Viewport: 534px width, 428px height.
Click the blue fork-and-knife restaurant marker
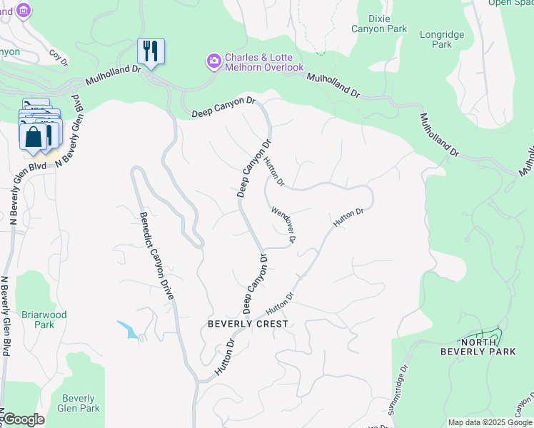click(x=151, y=51)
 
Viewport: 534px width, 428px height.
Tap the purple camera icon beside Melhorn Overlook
click(x=213, y=62)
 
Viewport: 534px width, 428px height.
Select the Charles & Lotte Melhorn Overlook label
click(x=264, y=62)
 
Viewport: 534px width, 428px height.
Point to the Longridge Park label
click(x=442, y=39)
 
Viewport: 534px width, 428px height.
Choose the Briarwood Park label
click(x=44, y=320)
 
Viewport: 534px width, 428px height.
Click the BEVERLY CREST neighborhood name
click(x=248, y=324)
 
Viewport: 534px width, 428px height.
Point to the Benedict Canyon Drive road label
click(x=156, y=255)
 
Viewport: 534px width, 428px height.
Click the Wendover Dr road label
click(x=284, y=224)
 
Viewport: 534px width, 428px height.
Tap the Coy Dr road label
click(x=58, y=58)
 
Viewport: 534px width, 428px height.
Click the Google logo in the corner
click(x=23, y=419)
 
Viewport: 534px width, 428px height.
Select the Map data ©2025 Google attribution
click(x=490, y=422)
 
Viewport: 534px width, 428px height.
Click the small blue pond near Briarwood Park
click(x=129, y=330)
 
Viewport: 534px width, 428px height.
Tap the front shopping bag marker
click(x=34, y=137)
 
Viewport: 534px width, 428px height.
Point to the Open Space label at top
click(x=510, y=2)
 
